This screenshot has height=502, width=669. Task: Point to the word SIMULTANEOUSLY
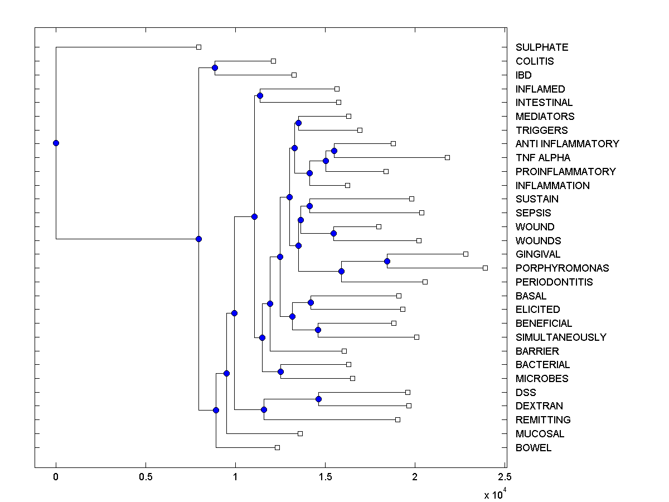click(561, 337)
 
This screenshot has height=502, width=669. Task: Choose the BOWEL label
click(534, 448)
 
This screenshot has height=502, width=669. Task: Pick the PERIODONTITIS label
click(554, 282)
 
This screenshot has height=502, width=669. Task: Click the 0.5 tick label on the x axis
click(146, 477)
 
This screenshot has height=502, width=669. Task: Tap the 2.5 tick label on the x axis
click(505, 477)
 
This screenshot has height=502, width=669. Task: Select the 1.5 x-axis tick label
click(325, 477)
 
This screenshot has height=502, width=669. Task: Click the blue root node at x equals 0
click(56, 143)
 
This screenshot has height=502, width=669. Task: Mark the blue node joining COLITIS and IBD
click(215, 67)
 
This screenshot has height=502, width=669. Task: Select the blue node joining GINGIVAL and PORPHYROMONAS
click(387, 261)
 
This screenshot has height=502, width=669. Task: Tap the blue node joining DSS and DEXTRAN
click(318, 399)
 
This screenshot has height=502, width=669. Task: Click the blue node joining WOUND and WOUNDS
click(333, 233)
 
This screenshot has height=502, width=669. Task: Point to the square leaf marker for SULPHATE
click(198, 47)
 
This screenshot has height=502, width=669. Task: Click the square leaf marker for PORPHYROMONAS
click(485, 268)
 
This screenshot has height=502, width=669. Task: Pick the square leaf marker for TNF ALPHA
click(447, 157)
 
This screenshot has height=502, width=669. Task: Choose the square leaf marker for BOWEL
click(277, 447)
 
